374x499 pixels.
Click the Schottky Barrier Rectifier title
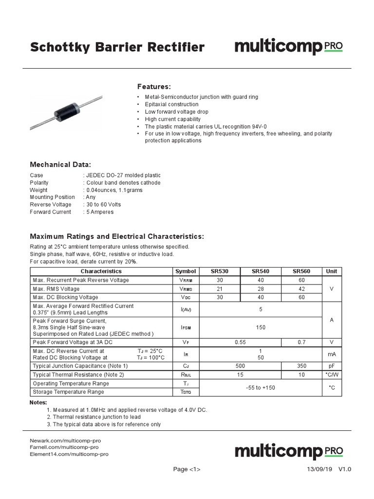[x=117, y=47]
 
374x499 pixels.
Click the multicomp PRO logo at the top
[x=289, y=47]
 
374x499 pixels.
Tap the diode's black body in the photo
[x=66, y=109]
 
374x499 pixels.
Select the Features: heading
[x=154, y=86]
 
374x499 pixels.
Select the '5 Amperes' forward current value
[x=99, y=212]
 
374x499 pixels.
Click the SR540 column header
[x=260, y=271]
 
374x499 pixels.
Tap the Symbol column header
[x=186, y=271]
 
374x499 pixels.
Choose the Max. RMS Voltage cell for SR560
[x=301, y=289]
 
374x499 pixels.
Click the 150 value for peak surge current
[x=261, y=328]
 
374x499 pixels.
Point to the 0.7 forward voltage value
[x=301, y=343]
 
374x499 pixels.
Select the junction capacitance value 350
[x=301, y=365]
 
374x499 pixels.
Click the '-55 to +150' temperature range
[x=261, y=387]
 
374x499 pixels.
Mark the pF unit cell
[x=331, y=365]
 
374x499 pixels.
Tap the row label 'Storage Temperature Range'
[x=68, y=392]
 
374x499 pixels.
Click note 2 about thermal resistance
[x=94, y=417]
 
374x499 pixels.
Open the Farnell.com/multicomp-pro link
[x=64, y=447]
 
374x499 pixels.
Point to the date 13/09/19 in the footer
[x=319, y=469]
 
